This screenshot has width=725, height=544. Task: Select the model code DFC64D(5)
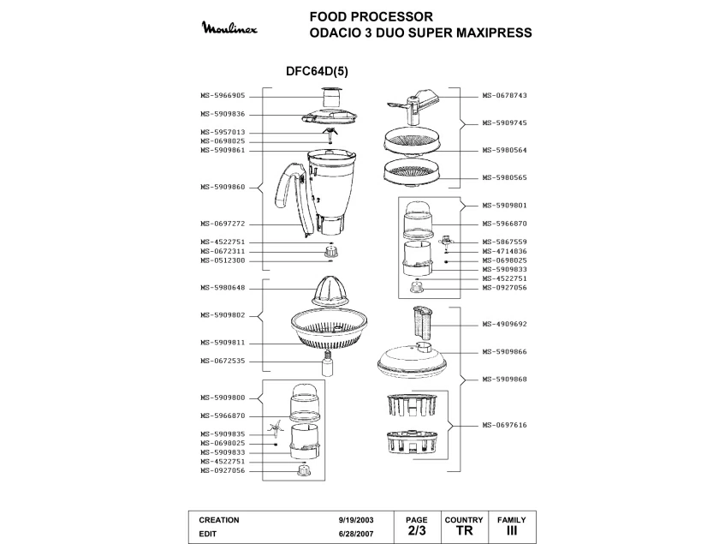pos(317,72)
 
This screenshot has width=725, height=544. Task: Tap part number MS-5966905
pos(223,96)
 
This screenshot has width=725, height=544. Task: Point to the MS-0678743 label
pos(504,96)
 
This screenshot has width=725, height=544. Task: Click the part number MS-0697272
pos(223,224)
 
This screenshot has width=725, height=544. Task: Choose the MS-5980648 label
pos(223,288)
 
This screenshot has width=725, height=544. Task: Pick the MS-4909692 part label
pos(504,324)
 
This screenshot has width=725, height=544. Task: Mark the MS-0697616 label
pos(504,425)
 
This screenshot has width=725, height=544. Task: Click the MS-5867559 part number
pos(504,242)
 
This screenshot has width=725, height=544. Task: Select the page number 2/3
pos(416,531)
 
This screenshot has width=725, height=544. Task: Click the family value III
pos(512,531)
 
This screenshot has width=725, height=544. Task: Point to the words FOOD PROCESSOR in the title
pos(371,16)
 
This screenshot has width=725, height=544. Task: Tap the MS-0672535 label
pos(223,361)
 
